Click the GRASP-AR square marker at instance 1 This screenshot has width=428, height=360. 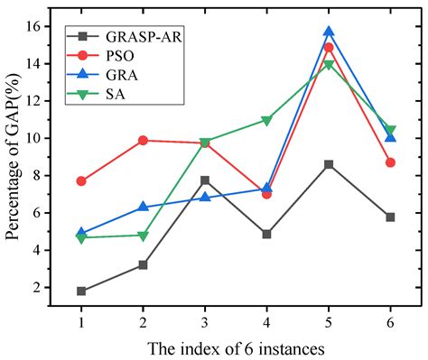click(81, 291)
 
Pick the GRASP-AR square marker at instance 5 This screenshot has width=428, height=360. click(329, 164)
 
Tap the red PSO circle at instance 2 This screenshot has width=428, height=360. click(143, 140)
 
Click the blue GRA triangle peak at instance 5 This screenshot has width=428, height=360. click(329, 32)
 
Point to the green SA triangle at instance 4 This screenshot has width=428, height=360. click(266, 121)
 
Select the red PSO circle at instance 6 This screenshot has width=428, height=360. click(390, 162)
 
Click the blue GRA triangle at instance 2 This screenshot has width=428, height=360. click(143, 207)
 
